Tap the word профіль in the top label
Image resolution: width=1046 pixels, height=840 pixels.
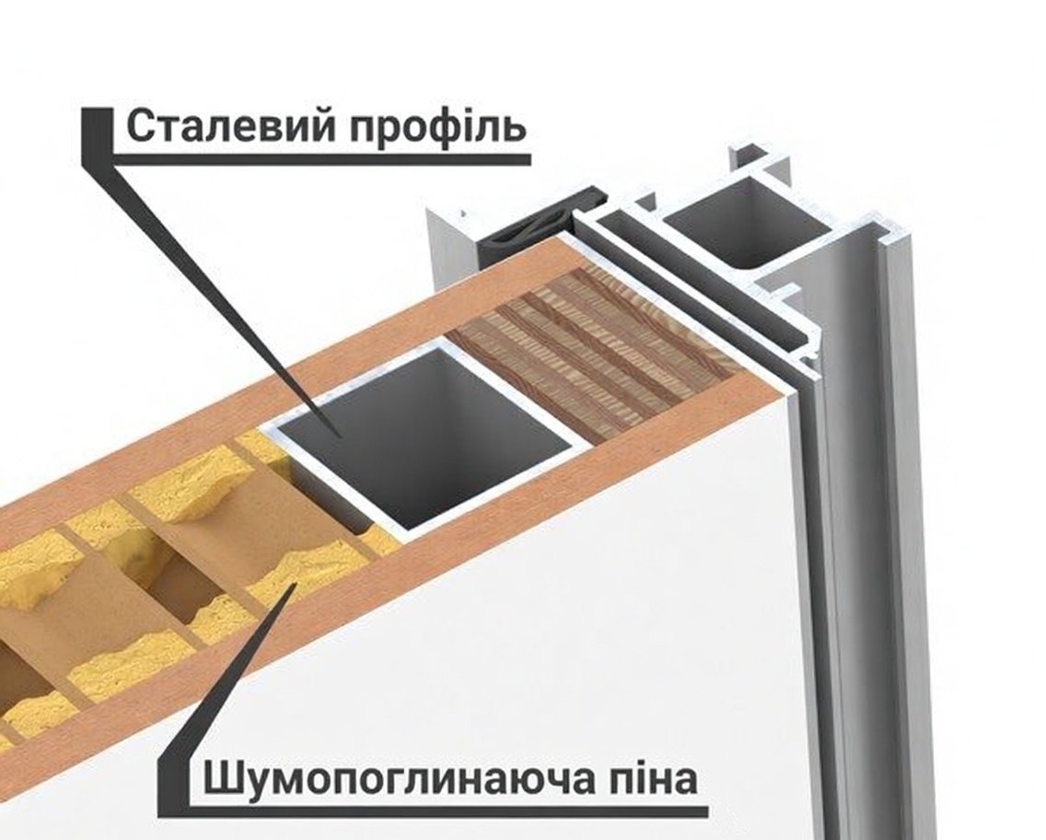[437, 126]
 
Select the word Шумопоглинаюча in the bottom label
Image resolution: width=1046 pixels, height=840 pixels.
[398, 778]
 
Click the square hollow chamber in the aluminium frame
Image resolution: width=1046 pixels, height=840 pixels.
[747, 225]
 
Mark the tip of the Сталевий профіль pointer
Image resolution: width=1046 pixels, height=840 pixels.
[341, 437]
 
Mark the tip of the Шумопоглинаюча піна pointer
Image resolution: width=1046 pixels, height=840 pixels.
[296, 582]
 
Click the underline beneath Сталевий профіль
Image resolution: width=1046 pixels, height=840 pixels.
[321, 158]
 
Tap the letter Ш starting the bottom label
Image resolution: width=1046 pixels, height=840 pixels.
[220, 778]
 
